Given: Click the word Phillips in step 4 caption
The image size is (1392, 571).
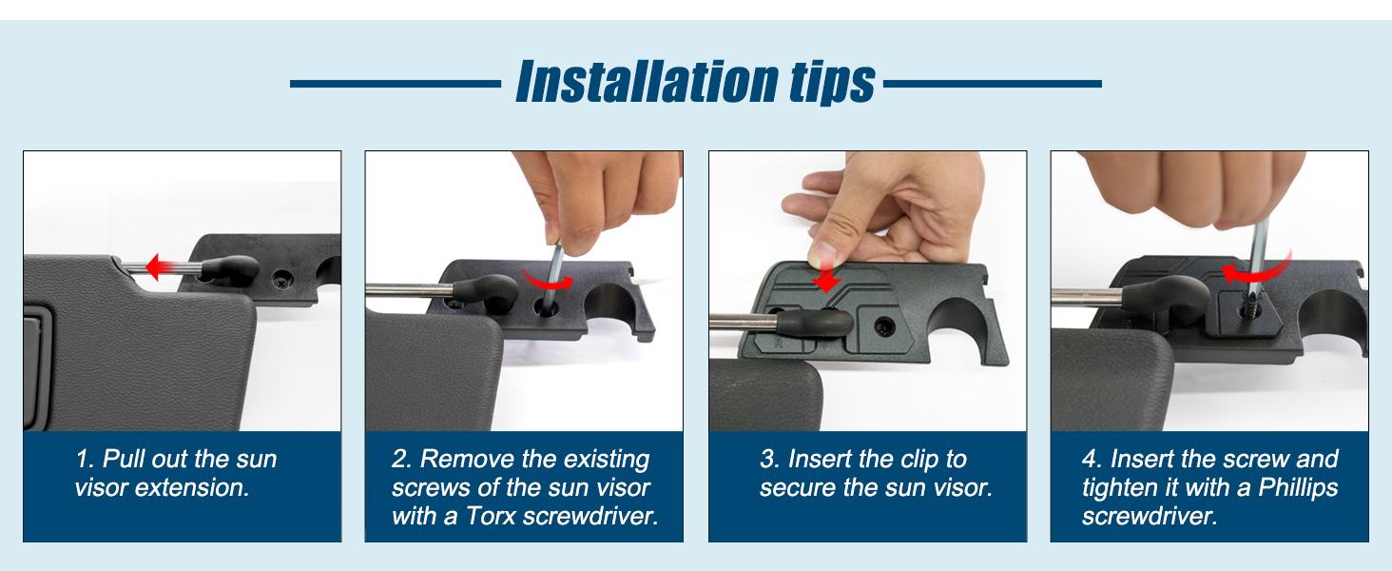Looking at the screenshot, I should tap(1294, 488).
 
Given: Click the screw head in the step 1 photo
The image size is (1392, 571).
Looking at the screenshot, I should tap(283, 281).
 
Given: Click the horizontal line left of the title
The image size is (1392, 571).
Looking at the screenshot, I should tap(395, 84).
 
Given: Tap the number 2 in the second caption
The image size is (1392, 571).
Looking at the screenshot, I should tap(398, 460).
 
